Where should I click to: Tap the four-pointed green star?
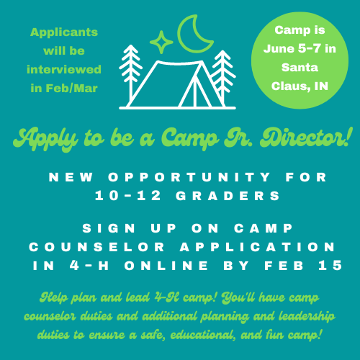[x=161, y=42]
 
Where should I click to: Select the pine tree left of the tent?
[x=131, y=72]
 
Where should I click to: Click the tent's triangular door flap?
[x=195, y=92]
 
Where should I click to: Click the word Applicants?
[x=64, y=32]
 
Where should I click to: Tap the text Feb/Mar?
[x=71, y=88]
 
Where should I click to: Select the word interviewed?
[x=64, y=70]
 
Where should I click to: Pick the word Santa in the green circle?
[x=300, y=68]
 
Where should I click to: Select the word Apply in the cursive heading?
[x=46, y=139]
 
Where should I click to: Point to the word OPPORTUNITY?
[x=189, y=177]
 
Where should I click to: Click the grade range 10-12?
[x=127, y=196]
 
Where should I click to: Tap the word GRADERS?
[x=228, y=196]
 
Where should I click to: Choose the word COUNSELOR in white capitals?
[x=96, y=247]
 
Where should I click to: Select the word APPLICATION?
[x=257, y=247]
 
